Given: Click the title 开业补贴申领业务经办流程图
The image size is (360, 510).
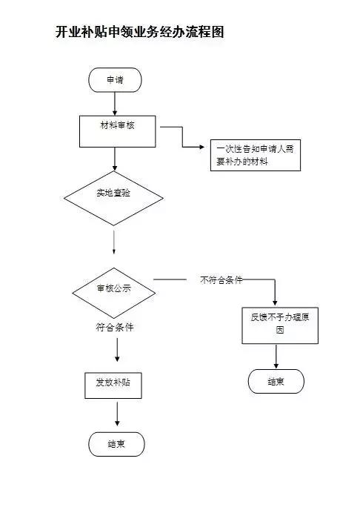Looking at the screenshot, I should click(x=140, y=33).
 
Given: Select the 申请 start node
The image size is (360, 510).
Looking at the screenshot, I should click(x=114, y=80).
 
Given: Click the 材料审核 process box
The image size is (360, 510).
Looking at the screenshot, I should click(x=118, y=130).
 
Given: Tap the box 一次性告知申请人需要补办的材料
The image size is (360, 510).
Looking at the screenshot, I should click(x=255, y=155).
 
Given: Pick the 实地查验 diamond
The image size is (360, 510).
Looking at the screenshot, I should click(x=113, y=196).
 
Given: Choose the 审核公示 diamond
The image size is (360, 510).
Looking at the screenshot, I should click(x=113, y=288).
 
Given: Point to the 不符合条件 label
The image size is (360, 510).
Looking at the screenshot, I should click(x=221, y=280).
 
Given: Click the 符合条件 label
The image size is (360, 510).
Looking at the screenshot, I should click(x=115, y=326).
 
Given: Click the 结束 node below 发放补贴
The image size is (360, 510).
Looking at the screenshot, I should click(x=116, y=444).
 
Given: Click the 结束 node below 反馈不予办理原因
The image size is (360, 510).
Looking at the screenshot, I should click(x=276, y=381).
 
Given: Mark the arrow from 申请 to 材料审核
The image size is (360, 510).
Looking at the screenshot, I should click(x=114, y=104).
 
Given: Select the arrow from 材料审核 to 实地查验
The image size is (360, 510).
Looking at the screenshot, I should click(x=114, y=158).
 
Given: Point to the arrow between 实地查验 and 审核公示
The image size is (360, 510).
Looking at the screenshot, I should click(x=114, y=242).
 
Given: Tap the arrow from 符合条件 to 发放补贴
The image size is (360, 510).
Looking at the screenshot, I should click(x=116, y=351).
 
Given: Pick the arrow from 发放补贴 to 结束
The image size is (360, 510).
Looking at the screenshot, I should click(x=116, y=414).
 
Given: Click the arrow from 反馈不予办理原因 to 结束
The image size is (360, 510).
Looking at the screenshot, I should click(x=276, y=356).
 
